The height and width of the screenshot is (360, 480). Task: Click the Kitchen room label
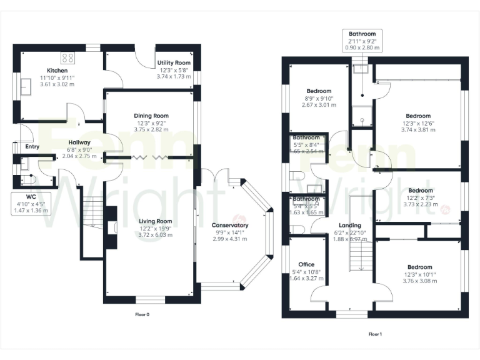[x=57, y=71]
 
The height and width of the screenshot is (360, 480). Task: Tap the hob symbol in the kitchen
[x=67, y=58]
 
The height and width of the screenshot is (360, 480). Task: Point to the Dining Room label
[x=151, y=116]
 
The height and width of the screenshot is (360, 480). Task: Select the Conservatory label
[x=229, y=225]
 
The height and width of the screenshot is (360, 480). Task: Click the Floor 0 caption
[x=142, y=314]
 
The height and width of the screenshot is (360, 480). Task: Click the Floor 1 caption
[x=375, y=334]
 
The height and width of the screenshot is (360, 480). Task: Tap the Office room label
[x=306, y=264]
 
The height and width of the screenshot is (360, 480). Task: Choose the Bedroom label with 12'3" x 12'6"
[x=418, y=116]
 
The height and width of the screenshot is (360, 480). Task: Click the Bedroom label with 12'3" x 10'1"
[x=417, y=267]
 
